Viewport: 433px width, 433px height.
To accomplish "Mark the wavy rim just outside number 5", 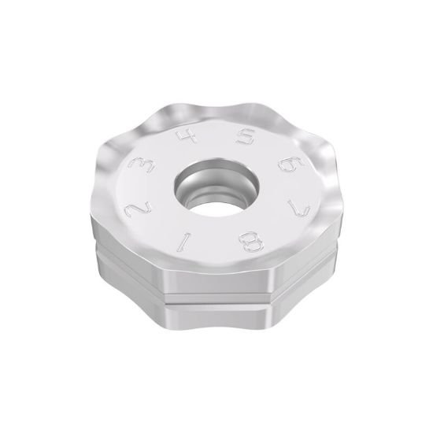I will (x=252, y=117).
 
